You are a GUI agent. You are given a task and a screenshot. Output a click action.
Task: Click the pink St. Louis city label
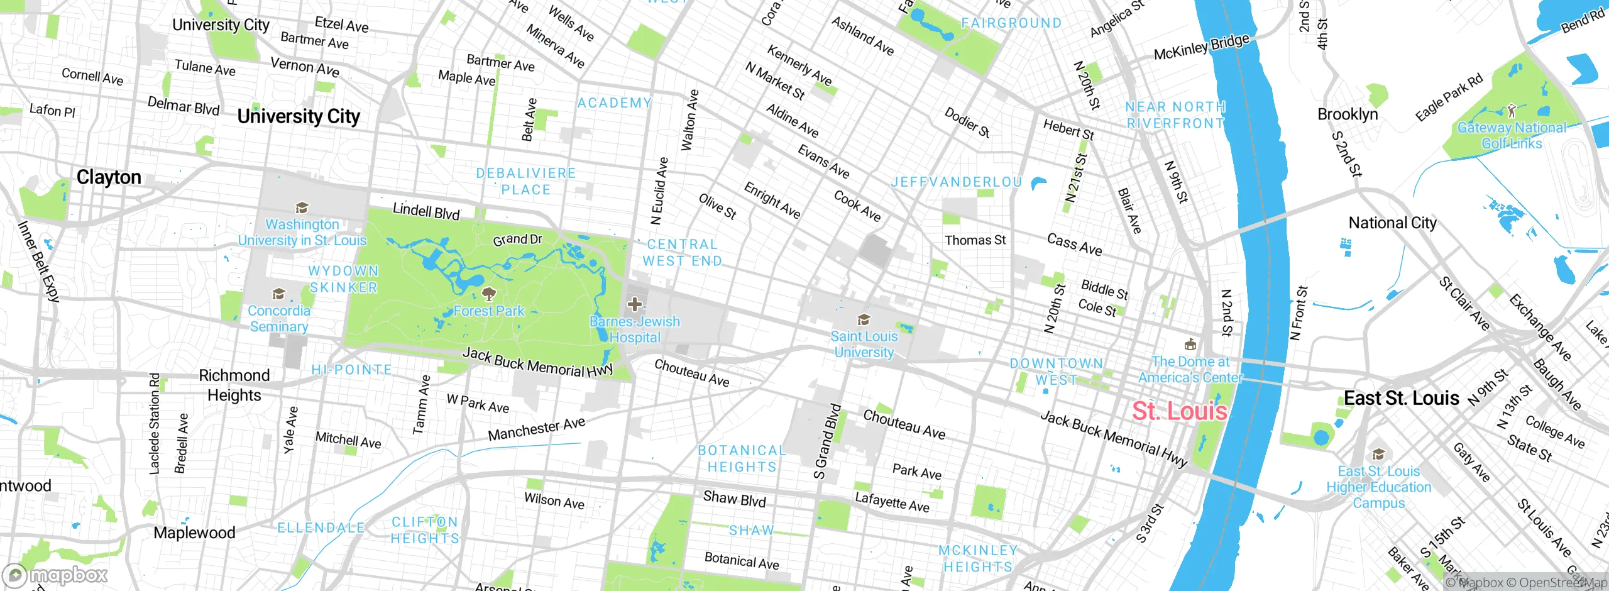[1179, 411]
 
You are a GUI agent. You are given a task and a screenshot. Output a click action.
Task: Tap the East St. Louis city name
[1401, 398]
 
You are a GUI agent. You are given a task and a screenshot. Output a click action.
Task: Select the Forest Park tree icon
[488, 294]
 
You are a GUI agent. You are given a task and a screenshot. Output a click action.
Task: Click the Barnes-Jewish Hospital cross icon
[634, 305]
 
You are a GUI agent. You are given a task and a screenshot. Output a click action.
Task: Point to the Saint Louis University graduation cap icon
[864, 320]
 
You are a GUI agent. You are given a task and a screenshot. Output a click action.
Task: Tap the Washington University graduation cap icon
[302, 208]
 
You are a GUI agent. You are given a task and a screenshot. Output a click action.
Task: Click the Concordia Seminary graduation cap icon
[278, 294]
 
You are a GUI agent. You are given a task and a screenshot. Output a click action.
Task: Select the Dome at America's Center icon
[1190, 345]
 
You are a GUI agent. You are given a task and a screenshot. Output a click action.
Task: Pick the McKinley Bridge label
[1201, 47]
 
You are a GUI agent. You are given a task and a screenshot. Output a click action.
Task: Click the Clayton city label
[109, 177]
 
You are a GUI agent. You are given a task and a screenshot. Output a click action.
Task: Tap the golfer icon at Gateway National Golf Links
[1512, 111]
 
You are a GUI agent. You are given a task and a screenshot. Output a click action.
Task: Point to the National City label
[1392, 223]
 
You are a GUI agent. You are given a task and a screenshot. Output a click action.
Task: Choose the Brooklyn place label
[1347, 114]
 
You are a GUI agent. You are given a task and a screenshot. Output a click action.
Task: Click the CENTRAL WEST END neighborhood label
[682, 253]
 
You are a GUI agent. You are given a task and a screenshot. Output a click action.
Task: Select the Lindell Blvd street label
[426, 211]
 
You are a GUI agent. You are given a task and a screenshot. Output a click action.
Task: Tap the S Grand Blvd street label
[827, 441]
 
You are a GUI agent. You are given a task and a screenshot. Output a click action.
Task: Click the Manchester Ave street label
[536, 429]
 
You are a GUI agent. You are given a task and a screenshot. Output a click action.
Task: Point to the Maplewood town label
[194, 533]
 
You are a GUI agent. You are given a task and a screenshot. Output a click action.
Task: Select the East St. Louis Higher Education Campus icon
[1378, 455]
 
